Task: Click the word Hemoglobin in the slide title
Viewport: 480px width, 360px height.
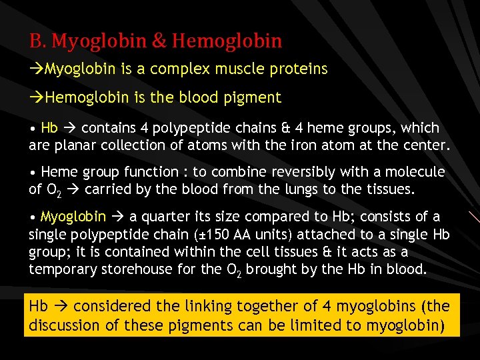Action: pos(227,41)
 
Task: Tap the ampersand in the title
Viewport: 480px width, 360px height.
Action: pos(159,41)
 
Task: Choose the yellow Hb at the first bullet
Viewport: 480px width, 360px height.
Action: pos(49,128)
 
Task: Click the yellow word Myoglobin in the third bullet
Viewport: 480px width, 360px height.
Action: pos(73,217)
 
